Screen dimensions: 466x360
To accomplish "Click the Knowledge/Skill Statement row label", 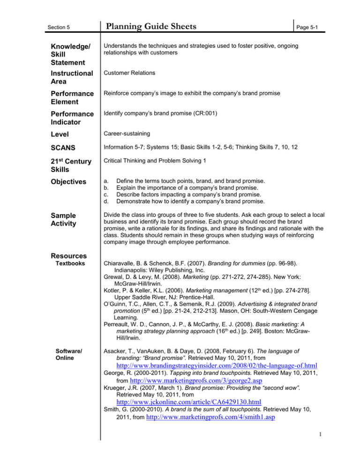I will [x=70, y=54].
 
